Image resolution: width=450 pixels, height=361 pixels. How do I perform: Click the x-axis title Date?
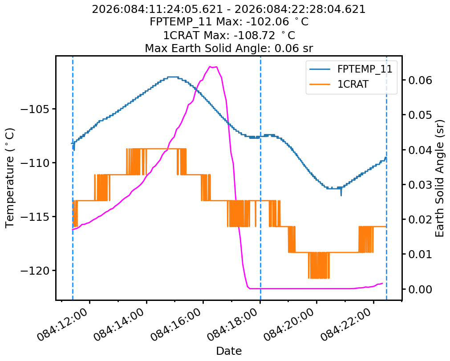pyautogui.click(x=229, y=351)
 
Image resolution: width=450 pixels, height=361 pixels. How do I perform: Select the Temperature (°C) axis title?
pyautogui.click(x=10, y=178)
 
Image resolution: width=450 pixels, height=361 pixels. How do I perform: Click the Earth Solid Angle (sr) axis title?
pyautogui.click(x=440, y=178)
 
